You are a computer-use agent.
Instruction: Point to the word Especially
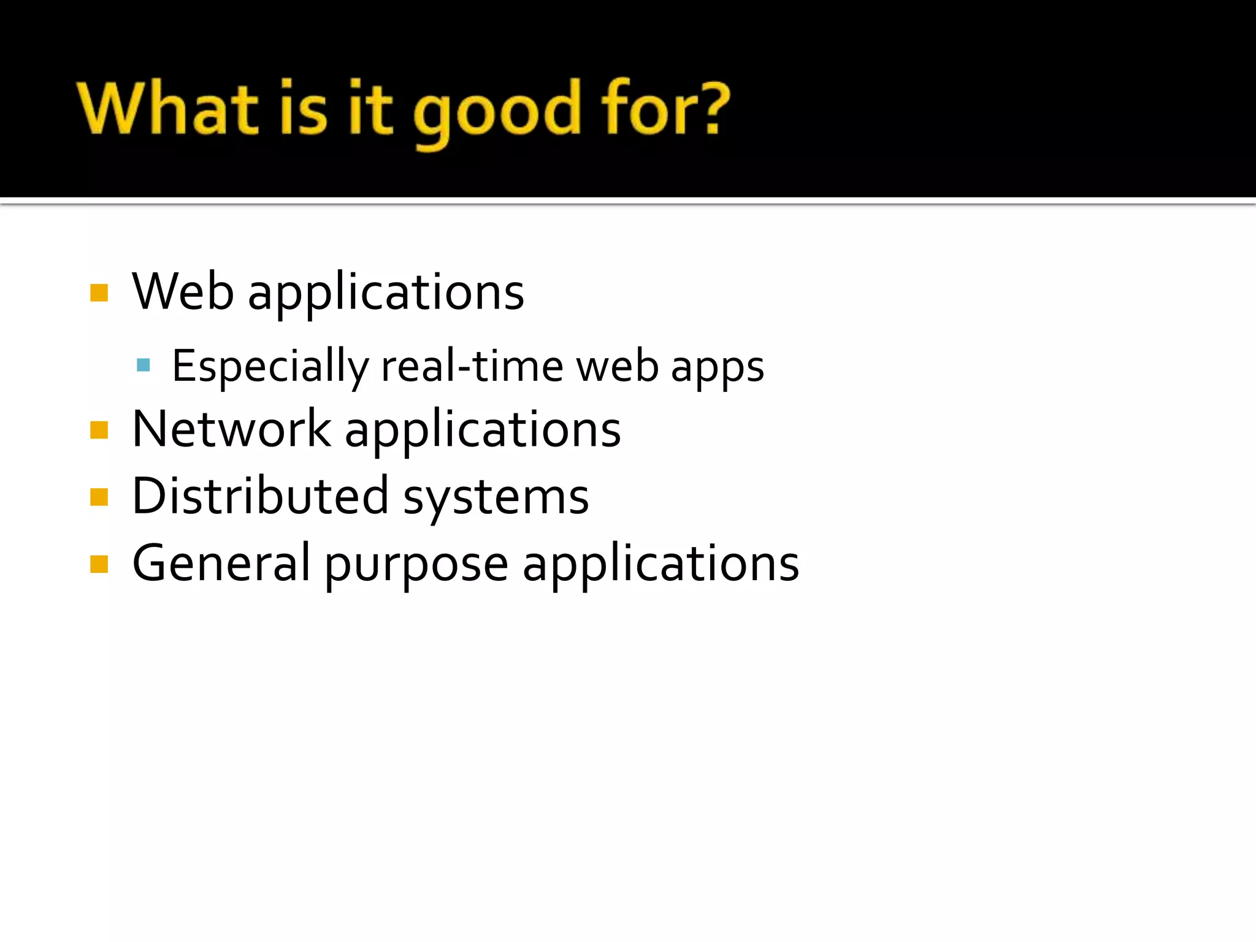270,367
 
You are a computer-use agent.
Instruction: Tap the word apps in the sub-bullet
717,368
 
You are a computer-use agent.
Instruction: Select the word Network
231,429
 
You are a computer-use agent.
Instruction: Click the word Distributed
260,496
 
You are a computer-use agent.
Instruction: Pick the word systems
496,498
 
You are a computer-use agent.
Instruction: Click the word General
221,563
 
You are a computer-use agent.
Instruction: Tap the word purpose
416,565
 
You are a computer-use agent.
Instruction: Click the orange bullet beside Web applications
99,293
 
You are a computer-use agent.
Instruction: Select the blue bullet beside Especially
144,366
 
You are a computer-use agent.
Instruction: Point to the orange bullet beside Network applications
99,431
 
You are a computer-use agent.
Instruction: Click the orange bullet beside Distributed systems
99,497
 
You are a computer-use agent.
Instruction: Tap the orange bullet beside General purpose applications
99,564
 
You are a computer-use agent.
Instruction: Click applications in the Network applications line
483,430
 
